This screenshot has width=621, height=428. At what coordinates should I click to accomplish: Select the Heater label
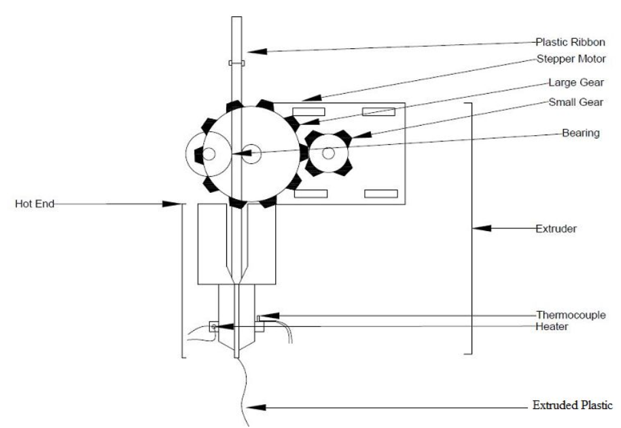coord(552,326)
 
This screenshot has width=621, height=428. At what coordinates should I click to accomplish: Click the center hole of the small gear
coord(328,153)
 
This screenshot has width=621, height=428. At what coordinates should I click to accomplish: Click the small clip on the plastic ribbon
coord(236,63)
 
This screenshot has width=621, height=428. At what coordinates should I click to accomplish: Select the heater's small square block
coord(213,327)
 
